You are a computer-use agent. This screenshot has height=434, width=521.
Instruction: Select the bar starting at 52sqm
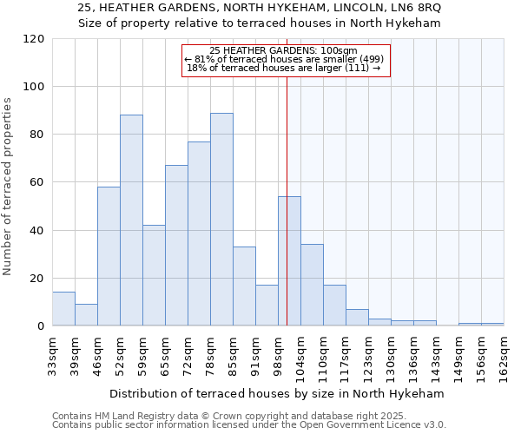click(131, 220)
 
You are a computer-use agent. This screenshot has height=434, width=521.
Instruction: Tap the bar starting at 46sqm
click(109, 256)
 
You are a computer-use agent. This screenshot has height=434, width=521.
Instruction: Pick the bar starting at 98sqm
click(289, 261)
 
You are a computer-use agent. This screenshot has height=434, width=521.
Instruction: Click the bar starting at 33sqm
click(63, 309)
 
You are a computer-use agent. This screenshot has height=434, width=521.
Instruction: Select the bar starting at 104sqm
click(312, 285)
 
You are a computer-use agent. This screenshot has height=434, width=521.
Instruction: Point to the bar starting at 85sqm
click(244, 286)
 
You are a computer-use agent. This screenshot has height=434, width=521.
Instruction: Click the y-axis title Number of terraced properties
click(8, 186)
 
